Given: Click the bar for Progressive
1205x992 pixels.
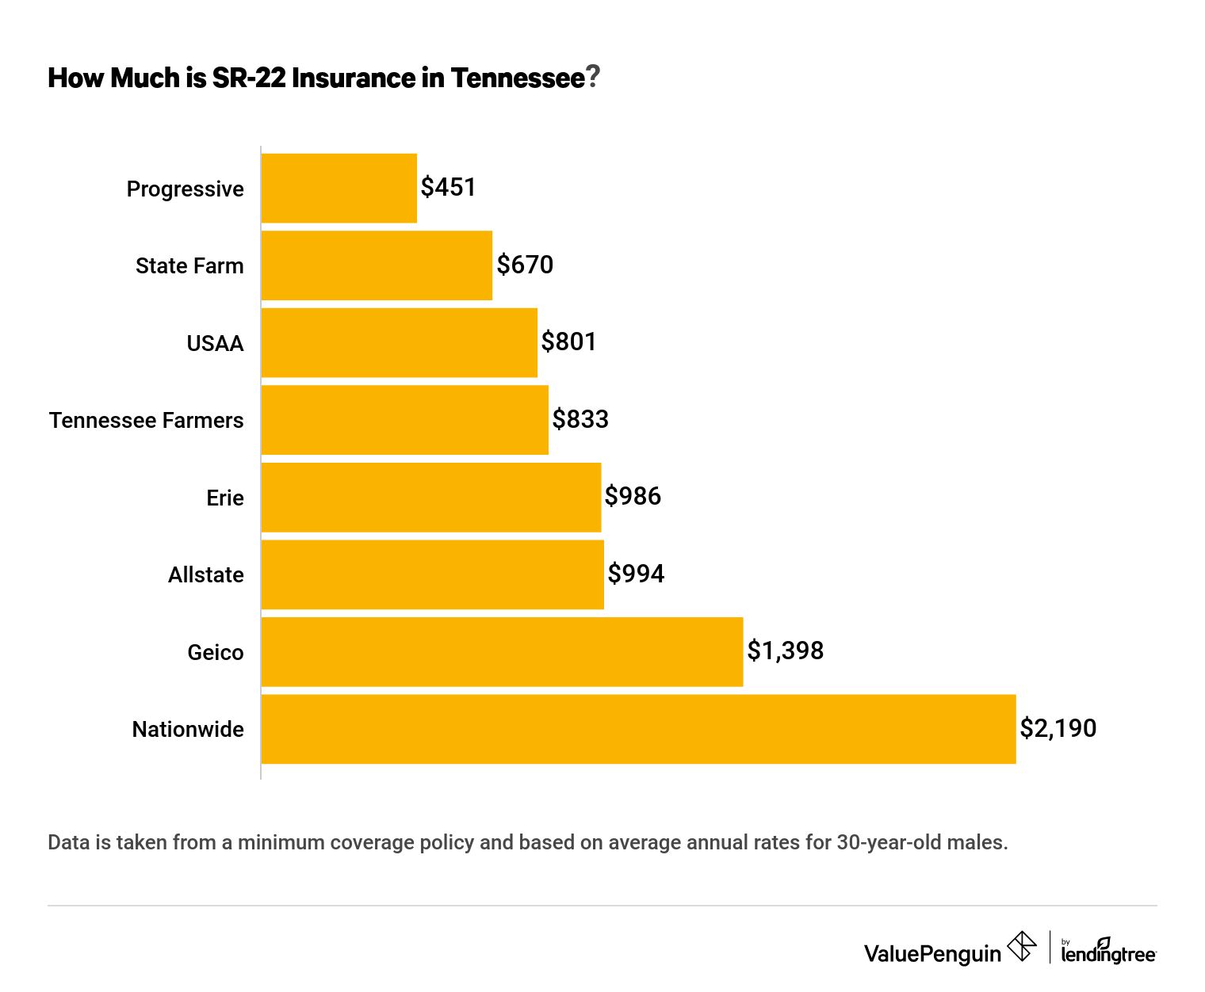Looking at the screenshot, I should pyautogui.click(x=339, y=189).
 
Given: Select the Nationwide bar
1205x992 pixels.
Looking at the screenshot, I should pyautogui.click(x=638, y=729).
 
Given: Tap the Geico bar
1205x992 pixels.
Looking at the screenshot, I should pyautogui.click(x=502, y=652).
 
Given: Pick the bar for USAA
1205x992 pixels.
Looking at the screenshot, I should pyautogui.click(x=399, y=343).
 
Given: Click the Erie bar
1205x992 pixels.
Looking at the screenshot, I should pyautogui.click(x=430, y=498).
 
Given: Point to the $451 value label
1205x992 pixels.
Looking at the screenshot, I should pyautogui.click(x=448, y=188).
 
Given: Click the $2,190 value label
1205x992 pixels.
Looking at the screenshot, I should pyautogui.click(x=1058, y=728).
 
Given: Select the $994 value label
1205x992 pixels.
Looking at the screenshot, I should pyautogui.click(x=636, y=574).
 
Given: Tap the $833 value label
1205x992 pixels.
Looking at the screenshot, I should pyautogui.click(x=580, y=419).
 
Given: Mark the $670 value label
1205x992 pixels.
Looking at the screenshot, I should pyautogui.click(x=525, y=265).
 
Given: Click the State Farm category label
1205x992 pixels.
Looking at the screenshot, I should pyautogui.click(x=189, y=266).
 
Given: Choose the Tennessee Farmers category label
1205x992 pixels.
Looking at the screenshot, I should pyautogui.click(x=147, y=421).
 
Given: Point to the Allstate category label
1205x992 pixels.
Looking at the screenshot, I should pyautogui.click(x=206, y=575).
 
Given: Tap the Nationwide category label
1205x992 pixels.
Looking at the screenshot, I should pyautogui.click(x=188, y=730).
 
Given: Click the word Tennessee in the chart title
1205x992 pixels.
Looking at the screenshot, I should pyautogui.click(x=517, y=78).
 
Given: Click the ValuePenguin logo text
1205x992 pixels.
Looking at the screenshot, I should pyautogui.click(x=932, y=953).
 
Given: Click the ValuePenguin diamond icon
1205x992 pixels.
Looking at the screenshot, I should pyautogui.click(x=1022, y=947).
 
